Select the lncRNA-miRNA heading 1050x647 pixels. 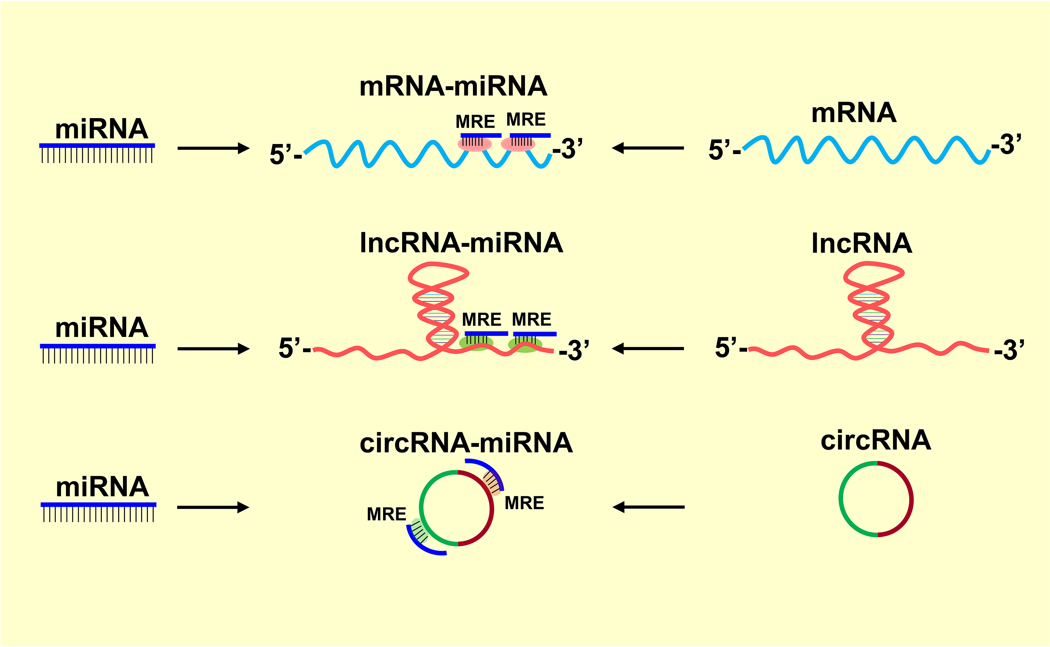461,243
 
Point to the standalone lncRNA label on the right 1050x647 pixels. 861,243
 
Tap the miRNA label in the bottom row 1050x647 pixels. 102,487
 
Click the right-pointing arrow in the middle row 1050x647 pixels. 213,349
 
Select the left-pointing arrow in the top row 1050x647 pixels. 648,148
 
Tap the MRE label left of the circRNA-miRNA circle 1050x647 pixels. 386,514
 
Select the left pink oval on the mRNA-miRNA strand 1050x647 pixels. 475,144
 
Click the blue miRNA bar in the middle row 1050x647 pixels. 98,346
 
